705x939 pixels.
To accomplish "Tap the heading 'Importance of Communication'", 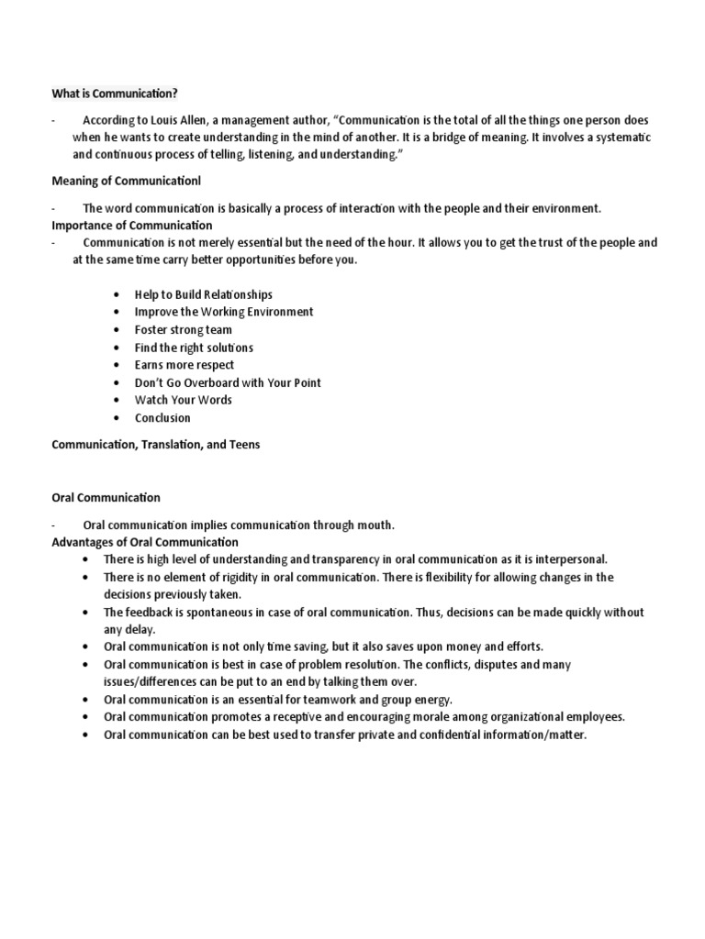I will (131, 225).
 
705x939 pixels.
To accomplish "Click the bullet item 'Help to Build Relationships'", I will (203, 294).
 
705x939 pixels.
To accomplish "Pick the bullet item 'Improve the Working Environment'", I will (223, 312).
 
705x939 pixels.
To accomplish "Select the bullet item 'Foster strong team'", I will (183, 329).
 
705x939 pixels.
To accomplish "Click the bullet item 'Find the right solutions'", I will (194, 348).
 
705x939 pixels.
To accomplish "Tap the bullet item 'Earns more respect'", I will (184, 365).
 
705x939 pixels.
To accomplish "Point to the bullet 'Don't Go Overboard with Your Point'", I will (228, 382).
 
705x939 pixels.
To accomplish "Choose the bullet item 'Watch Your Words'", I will (183, 400).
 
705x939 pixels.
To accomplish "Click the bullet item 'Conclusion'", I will (162, 418).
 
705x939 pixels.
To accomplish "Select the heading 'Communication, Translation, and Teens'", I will (155, 445).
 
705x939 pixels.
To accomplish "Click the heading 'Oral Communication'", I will (106, 498).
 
